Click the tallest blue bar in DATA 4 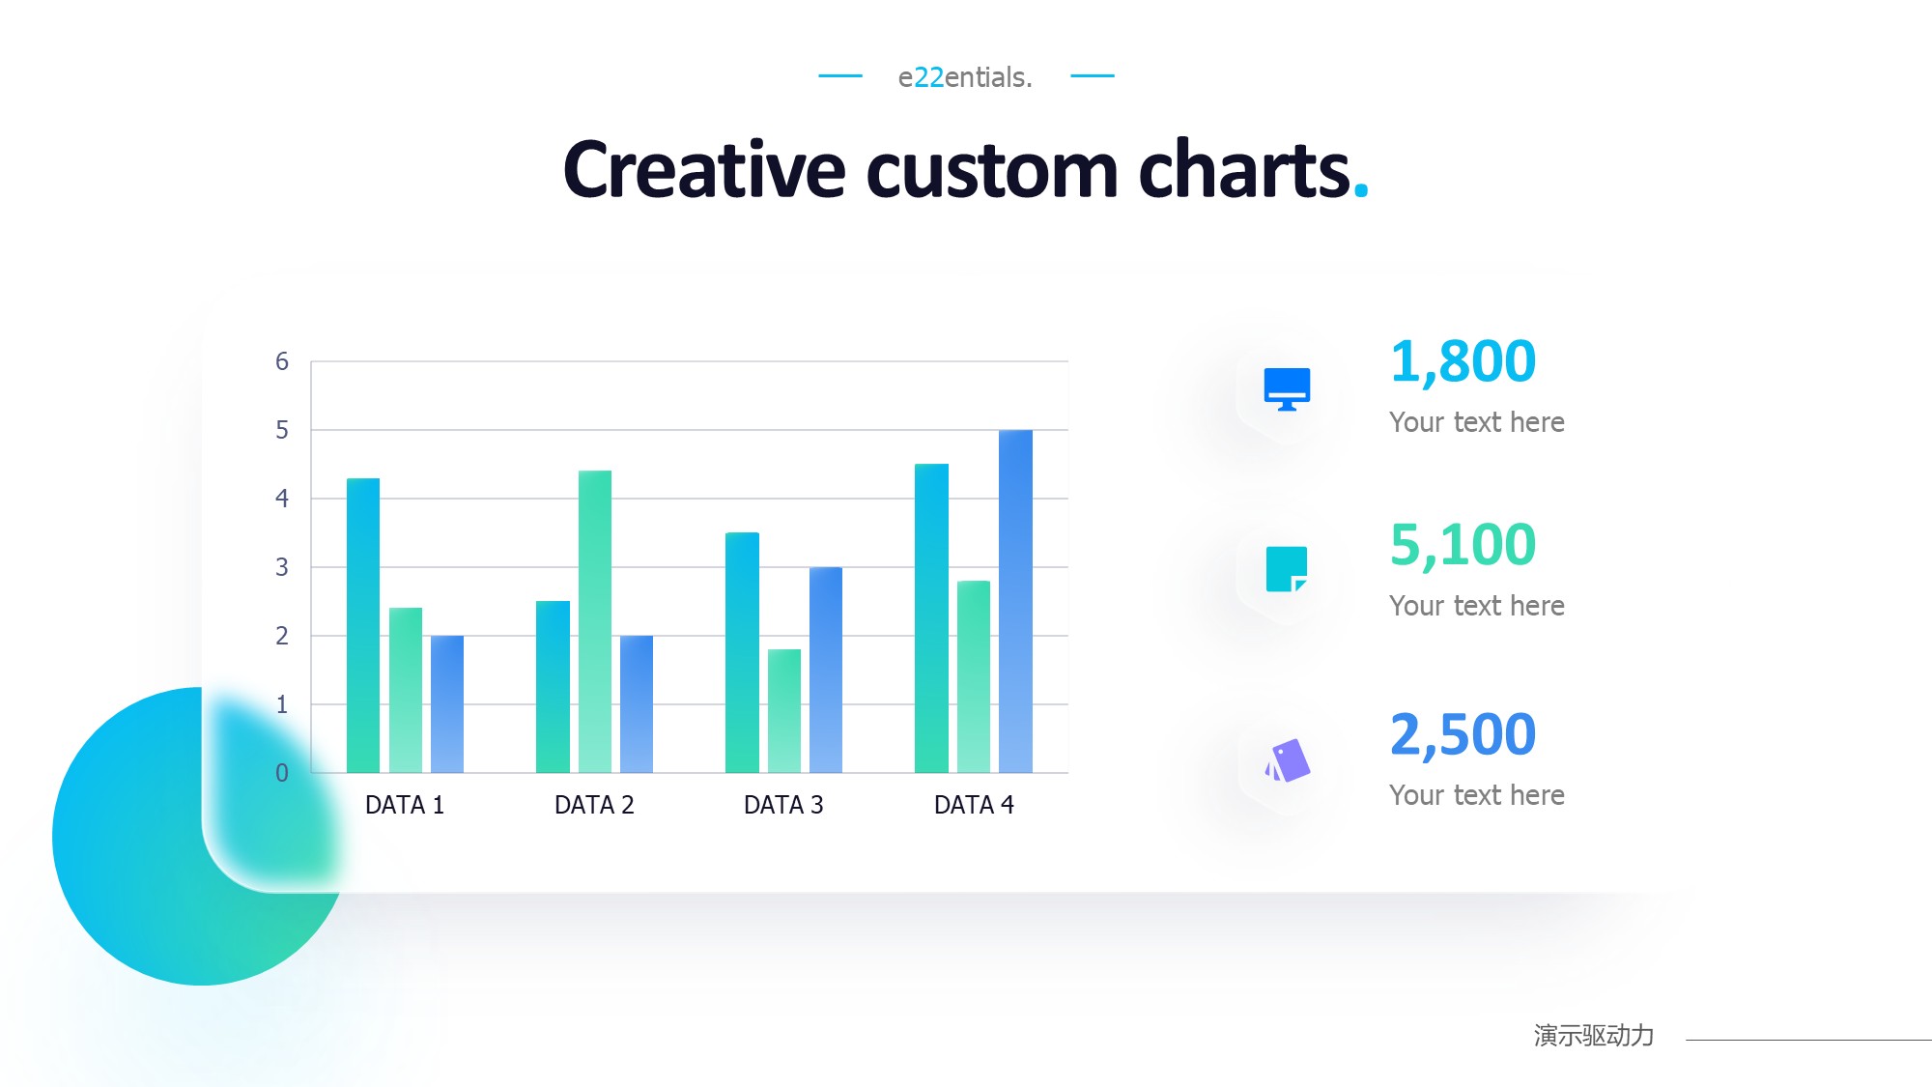click(1015, 601)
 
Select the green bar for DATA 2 click(595, 621)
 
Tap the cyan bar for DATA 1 click(363, 625)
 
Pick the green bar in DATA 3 click(784, 711)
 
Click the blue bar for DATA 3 click(826, 670)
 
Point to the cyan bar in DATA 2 click(553, 687)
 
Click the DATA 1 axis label click(405, 805)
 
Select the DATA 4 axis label click(974, 805)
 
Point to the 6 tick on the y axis click(282, 361)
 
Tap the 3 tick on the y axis click(282, 567)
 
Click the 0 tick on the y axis click(282, 773)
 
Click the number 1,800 click(1463, 361)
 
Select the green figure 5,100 click(1463, 545)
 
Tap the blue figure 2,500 click(1463, 734)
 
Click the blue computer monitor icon click(1287, 388)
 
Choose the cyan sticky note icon click(1287, 569)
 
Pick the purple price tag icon click(1288, 761)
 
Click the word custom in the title click(992, 170)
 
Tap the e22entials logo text click(965, 77)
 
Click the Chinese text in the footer click(1594, 1036)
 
